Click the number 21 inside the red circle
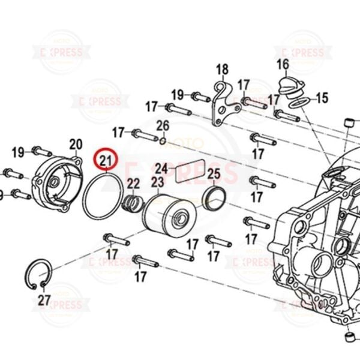click(106, 160)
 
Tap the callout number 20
click(76, 144)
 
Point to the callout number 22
click(133, 184)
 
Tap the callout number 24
click(161, 168)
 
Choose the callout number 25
click(214, 175)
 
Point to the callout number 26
click(163, 125)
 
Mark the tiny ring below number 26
click(163, 141)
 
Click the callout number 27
click(44, 299)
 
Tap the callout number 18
click(222, 69)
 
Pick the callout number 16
click(283, 64)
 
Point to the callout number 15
click(322, 98)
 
